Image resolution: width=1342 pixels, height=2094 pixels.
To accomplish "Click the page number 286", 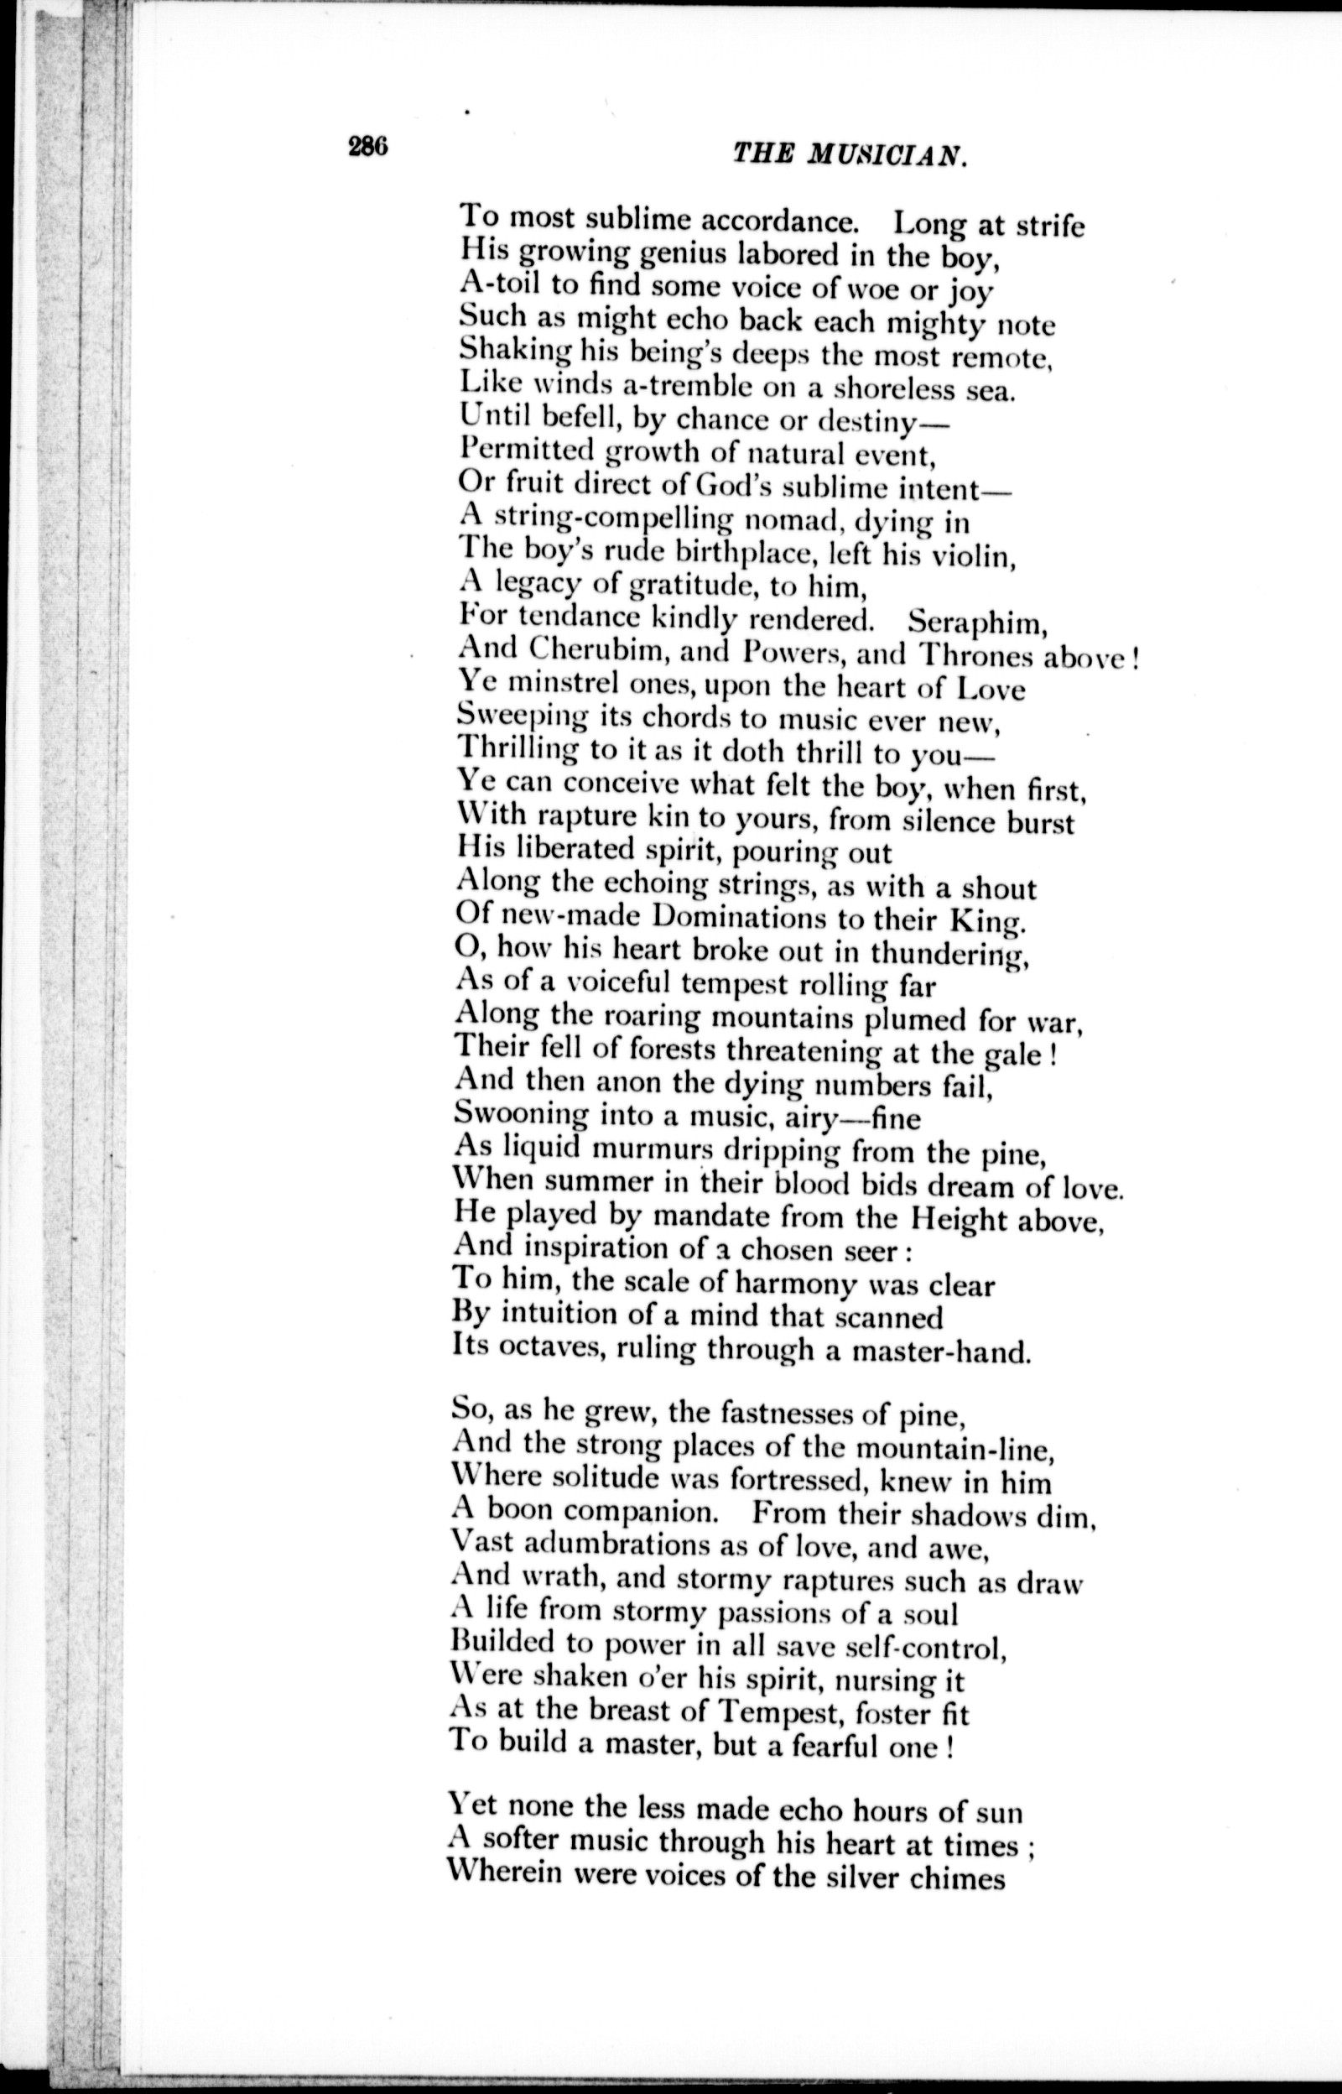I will point(367,147).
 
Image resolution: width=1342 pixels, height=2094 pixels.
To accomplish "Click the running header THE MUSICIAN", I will point(850,154).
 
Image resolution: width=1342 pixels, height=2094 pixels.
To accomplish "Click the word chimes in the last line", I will point(957,1873).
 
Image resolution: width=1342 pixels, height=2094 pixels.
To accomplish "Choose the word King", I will point(982,920).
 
